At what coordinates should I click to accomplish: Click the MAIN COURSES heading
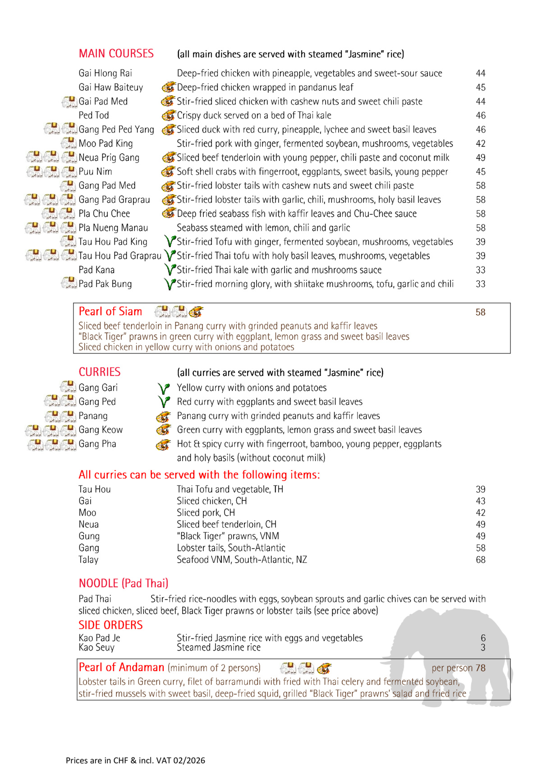pos(116,54)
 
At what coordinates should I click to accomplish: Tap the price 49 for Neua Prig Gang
pos(481,158)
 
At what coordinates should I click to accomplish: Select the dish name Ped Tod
pos(94,115)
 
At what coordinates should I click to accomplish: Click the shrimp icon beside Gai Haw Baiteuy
pos(168,87)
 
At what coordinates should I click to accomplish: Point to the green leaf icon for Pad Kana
pos(170,270)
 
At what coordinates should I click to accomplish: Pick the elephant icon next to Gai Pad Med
pos(69,102)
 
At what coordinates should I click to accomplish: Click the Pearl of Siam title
pos(110,312)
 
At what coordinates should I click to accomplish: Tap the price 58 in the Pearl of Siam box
pos(480,312)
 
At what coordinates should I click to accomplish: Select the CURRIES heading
pos(100,372)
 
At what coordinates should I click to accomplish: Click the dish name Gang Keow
pos(101,430)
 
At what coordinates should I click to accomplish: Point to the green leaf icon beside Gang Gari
pos(164,388)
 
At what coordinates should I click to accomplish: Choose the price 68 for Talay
pos(481,560)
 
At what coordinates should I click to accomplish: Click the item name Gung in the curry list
pos(89,536)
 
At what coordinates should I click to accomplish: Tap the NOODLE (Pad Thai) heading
pos(123,583)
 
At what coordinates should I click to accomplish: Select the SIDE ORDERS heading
pos(110,625)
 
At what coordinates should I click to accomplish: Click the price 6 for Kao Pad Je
pos(483,638)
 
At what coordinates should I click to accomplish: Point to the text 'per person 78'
pos(458,668)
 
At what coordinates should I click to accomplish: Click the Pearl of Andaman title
pos(121,668)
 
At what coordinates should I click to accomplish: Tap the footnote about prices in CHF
pos(135,761)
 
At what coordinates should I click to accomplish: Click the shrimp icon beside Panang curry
pos(163,417)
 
